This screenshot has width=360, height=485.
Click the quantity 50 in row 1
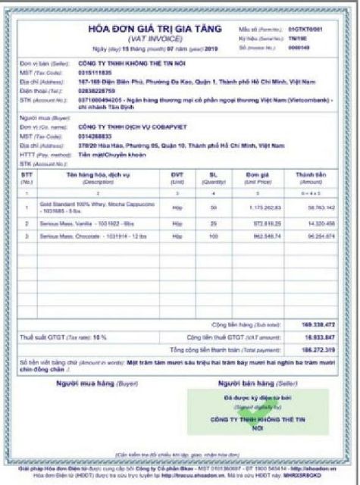click(x=213, y=205)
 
